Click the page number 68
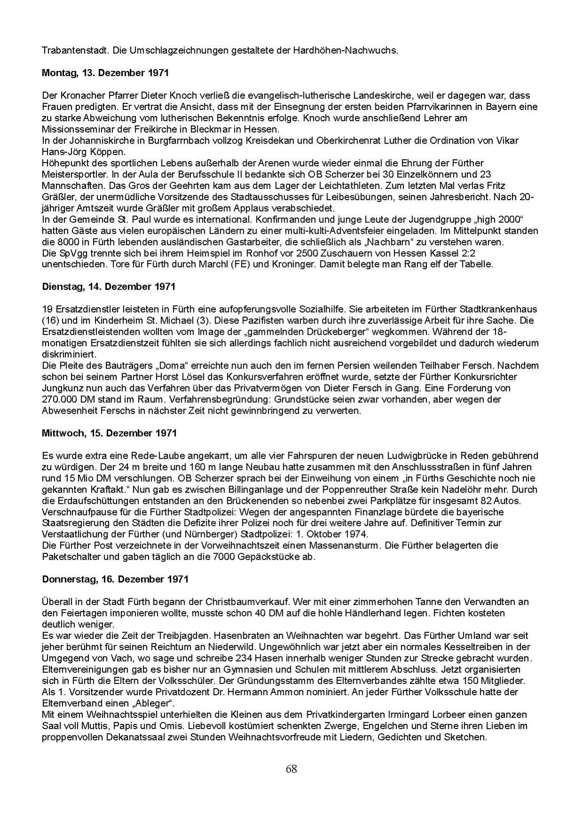[x=291, y=769]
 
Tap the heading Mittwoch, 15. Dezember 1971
[x=109, y=433]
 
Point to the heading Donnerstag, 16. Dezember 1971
[x=115, y=579]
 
